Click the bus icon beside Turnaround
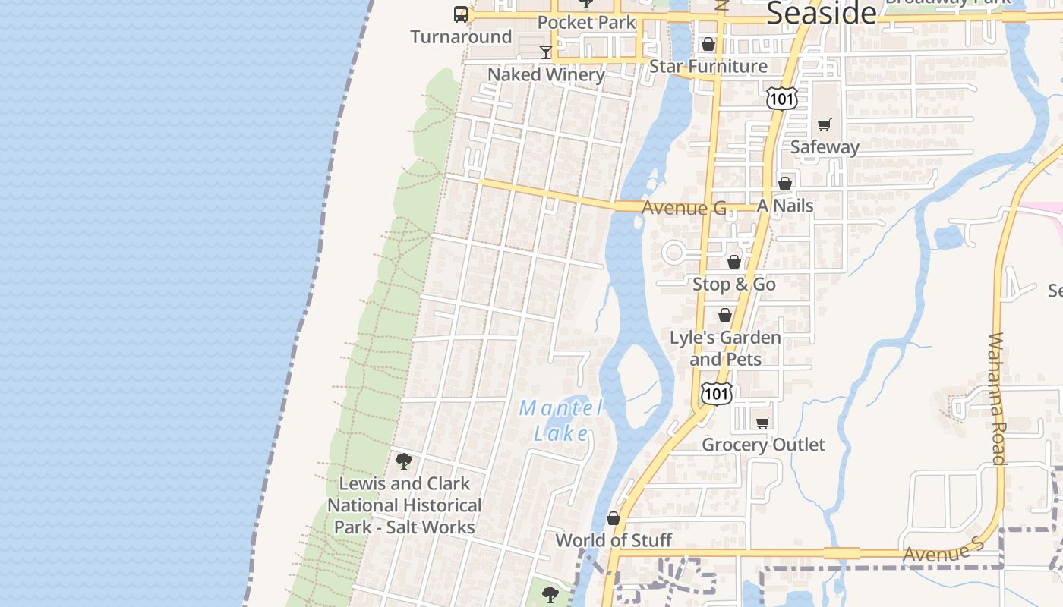tap(461, 14)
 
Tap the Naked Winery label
tap(546, 74)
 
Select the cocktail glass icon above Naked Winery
tap(545, 52)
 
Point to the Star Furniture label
tap(708, 66)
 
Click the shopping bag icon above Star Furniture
tap(708, 45)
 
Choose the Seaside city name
tap(822, 14)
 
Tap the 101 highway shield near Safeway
tap(781, 98)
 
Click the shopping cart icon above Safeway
tap(825, 125)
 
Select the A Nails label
tap(785, 206)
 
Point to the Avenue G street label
tap(684, 208)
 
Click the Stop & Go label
tap(734, 285)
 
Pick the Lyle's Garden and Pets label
tap(725, 348)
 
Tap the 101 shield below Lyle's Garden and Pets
tap(717, 393)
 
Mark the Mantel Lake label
tap(561, 420)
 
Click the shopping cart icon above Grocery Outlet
tap(763, 423)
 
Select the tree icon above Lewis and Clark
tap(404, 461)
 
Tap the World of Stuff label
tap(614, 540)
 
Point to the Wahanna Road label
tap(998, 398)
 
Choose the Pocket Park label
tap(586, 23)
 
